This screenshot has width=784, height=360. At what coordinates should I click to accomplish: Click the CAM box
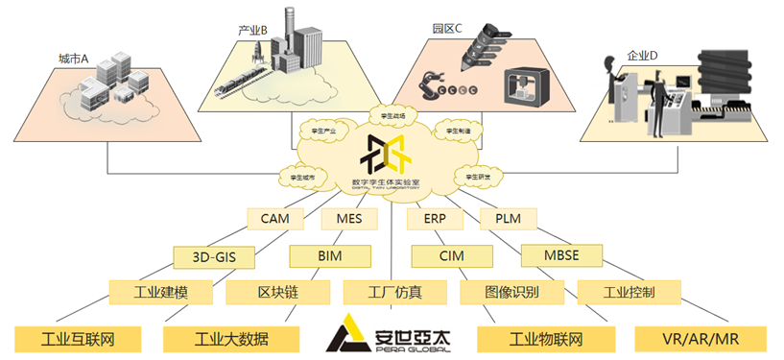275,218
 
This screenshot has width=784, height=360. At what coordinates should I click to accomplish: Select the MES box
349,218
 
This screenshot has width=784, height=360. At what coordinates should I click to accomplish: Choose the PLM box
508,218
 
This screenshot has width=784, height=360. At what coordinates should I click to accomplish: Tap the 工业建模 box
161,291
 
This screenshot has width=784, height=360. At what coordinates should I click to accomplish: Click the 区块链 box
273,291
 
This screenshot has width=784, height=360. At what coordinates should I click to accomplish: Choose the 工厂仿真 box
395,291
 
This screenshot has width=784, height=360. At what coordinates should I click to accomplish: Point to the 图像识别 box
511,291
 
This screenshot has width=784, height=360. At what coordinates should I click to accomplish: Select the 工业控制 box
629,291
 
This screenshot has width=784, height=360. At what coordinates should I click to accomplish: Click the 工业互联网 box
77,338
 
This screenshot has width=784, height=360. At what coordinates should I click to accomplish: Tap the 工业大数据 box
231,338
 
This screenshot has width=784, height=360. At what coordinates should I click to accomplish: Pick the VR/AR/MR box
700,338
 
